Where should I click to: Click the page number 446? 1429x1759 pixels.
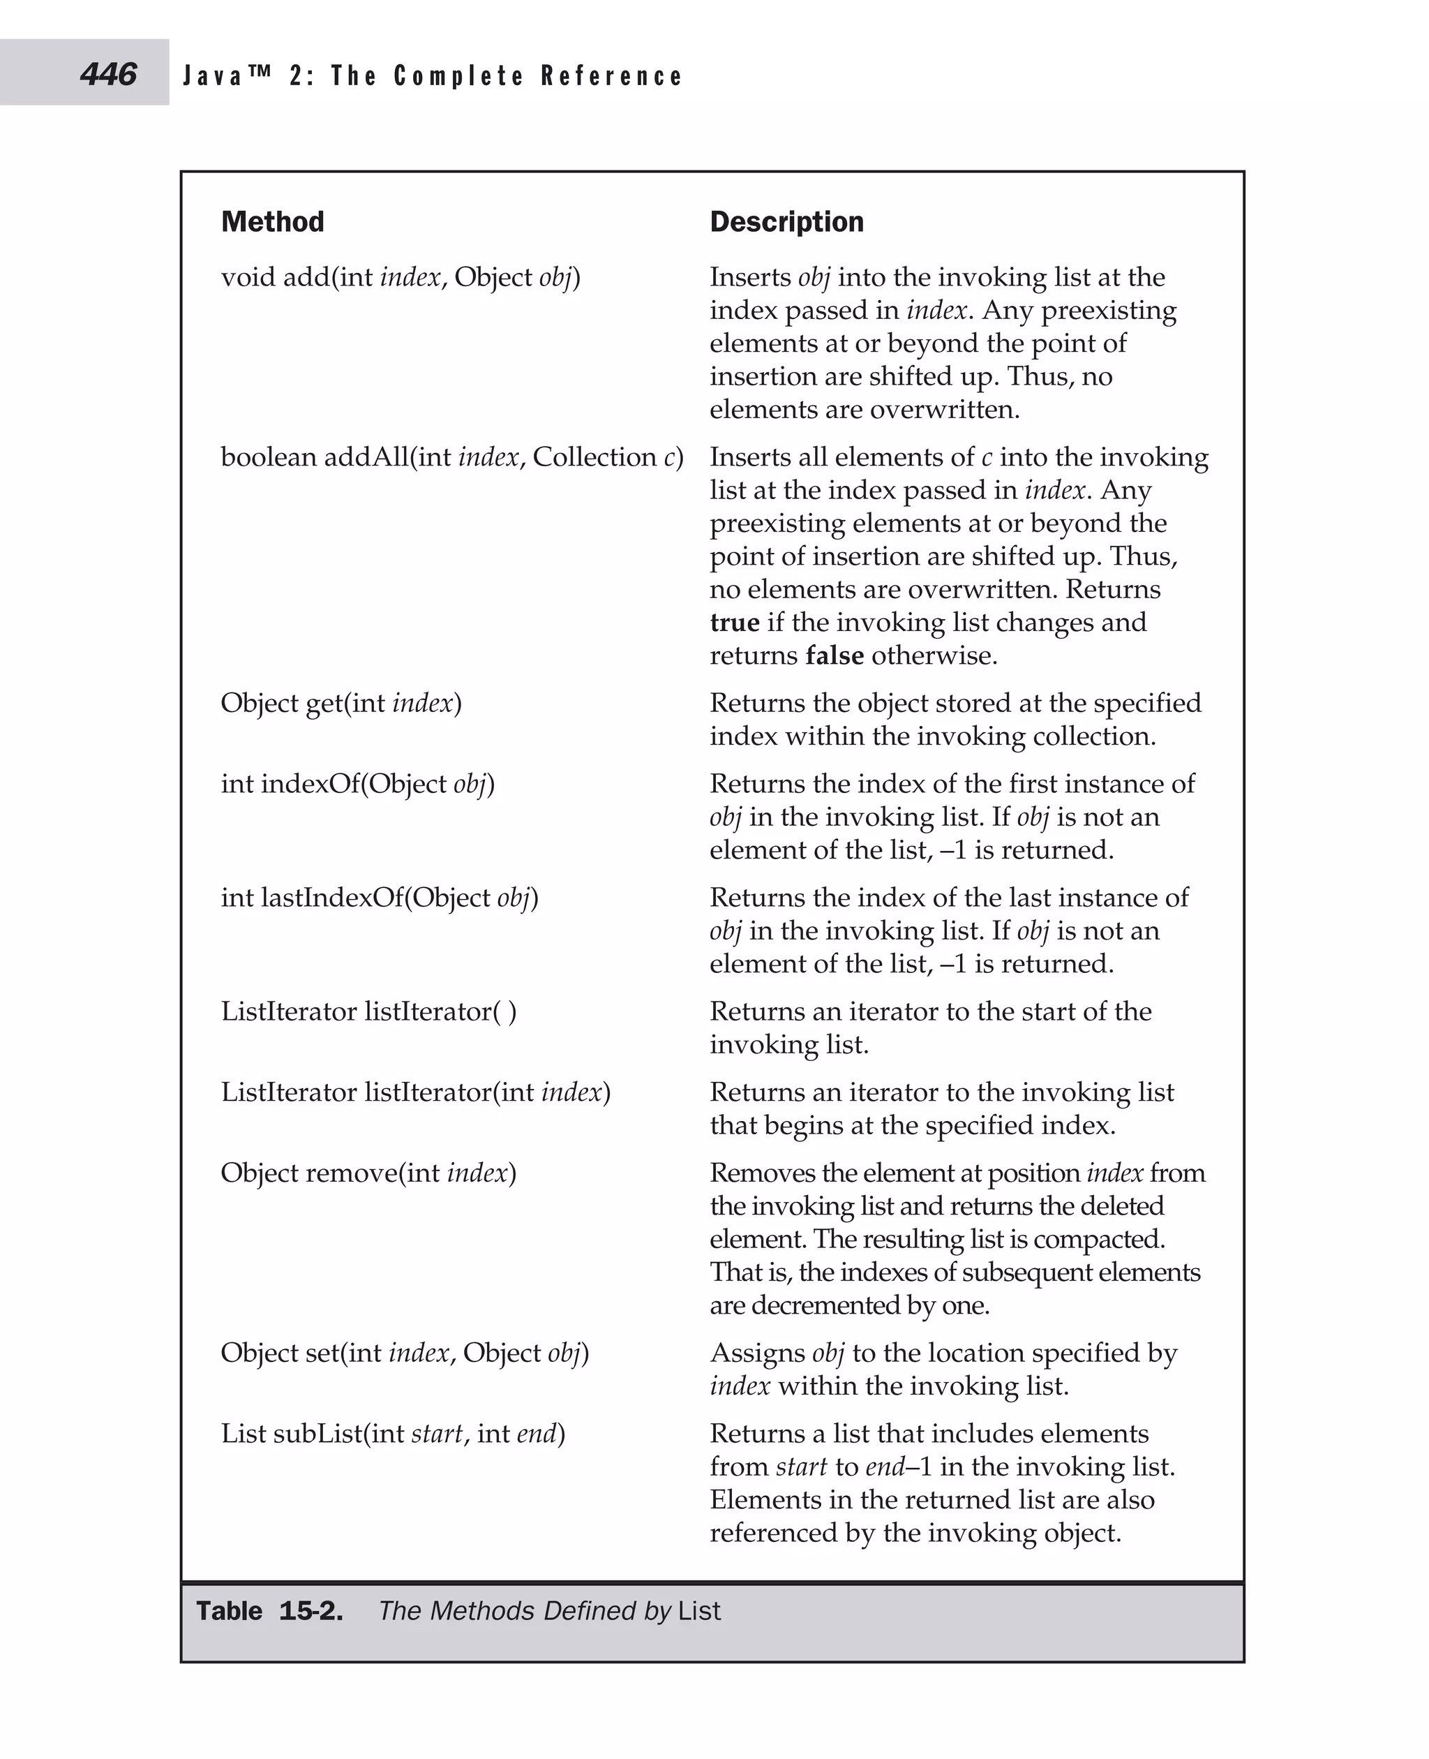(108, 75)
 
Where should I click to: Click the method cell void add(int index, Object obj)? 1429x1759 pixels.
(400, 278)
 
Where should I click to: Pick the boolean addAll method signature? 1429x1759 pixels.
(452, 457)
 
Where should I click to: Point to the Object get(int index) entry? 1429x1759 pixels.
(341, 704)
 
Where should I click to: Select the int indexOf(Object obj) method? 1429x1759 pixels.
(357, 784)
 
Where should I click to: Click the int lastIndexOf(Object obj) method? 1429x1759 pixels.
(380, 898)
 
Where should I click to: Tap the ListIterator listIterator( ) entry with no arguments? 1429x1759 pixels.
(369, 1011)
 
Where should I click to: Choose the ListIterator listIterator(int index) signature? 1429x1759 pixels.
(416, 1092)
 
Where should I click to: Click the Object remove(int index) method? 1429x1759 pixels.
(368, 1173)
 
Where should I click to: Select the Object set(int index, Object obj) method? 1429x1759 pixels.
(404, 1352)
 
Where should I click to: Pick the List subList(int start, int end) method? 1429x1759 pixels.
(393, 1433)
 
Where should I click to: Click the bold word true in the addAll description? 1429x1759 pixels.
(734, 623)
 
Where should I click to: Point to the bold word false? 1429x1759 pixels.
(834, 655)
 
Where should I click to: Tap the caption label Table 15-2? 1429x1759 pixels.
(269, 1611)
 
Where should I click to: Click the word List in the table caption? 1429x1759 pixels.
(699, 1611)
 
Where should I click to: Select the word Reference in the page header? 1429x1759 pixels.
(612, 77)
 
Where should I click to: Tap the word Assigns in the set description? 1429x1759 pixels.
(757, 1352)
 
